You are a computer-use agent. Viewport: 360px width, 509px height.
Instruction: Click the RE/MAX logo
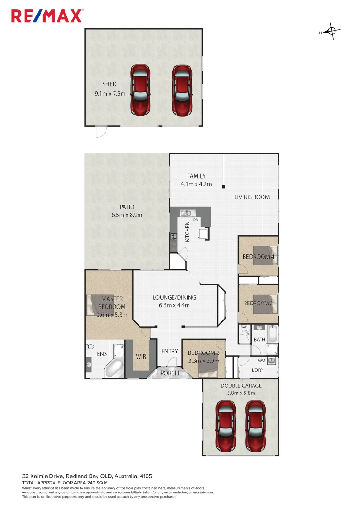47,16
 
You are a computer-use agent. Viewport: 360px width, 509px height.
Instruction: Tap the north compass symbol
332,32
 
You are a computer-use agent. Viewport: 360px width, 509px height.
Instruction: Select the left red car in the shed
140,90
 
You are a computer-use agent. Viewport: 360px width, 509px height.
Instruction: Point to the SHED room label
109,84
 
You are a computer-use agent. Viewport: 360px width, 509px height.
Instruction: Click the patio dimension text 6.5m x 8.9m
126,215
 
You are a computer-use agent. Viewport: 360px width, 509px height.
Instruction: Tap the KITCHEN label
187,232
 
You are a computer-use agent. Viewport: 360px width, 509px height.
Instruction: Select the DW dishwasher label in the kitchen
195,220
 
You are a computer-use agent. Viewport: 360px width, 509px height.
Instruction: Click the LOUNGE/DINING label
174,297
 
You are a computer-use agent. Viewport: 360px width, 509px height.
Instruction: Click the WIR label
141,357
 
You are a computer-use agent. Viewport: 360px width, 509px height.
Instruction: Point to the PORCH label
170,373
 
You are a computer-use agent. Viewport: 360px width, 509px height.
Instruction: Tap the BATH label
260,339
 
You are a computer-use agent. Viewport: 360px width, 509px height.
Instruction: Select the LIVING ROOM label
252,197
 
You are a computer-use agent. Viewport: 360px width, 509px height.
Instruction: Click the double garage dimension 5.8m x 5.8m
241,393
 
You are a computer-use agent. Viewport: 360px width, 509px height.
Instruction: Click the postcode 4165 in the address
145,476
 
